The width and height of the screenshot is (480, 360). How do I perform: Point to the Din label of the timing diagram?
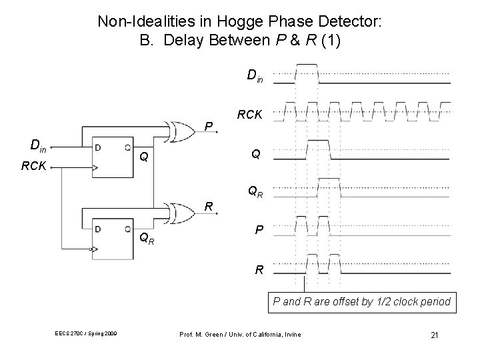point(255,76)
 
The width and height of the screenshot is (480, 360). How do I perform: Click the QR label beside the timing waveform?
point(255,192)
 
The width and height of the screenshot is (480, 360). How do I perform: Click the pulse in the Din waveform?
point(307,72)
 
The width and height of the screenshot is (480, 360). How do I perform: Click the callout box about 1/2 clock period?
point(361,302)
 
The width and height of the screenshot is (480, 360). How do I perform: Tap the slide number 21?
point(434,334)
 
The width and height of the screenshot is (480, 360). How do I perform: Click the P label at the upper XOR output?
point(209,125)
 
